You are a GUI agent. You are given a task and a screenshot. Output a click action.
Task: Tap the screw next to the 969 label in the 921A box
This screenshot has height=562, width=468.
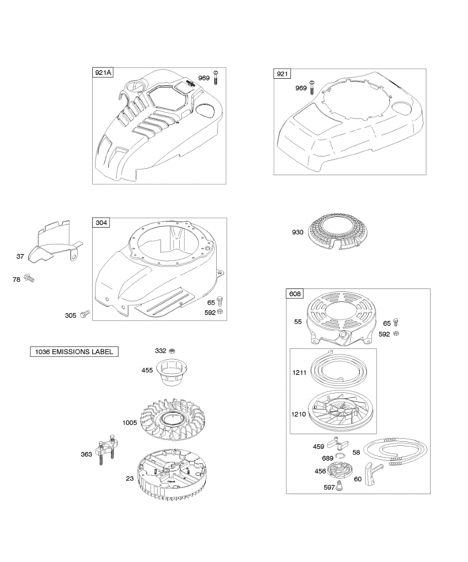click(x=216, y=77)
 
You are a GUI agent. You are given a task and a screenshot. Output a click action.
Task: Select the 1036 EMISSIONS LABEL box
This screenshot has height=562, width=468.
click(x=74, y=352)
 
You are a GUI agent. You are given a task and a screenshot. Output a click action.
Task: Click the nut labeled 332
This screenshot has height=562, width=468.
click(x=172, y=351)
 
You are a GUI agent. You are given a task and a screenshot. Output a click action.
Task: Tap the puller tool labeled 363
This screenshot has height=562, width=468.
click(x=106, y=451)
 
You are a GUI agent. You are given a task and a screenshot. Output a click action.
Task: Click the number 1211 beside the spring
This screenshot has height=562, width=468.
click(x=300, y=372)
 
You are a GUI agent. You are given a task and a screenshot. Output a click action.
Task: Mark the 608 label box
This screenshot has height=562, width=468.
click(x=295, y=294)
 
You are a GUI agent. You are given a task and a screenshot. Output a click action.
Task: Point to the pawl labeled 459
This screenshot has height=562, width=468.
click(x=339, y=443)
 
